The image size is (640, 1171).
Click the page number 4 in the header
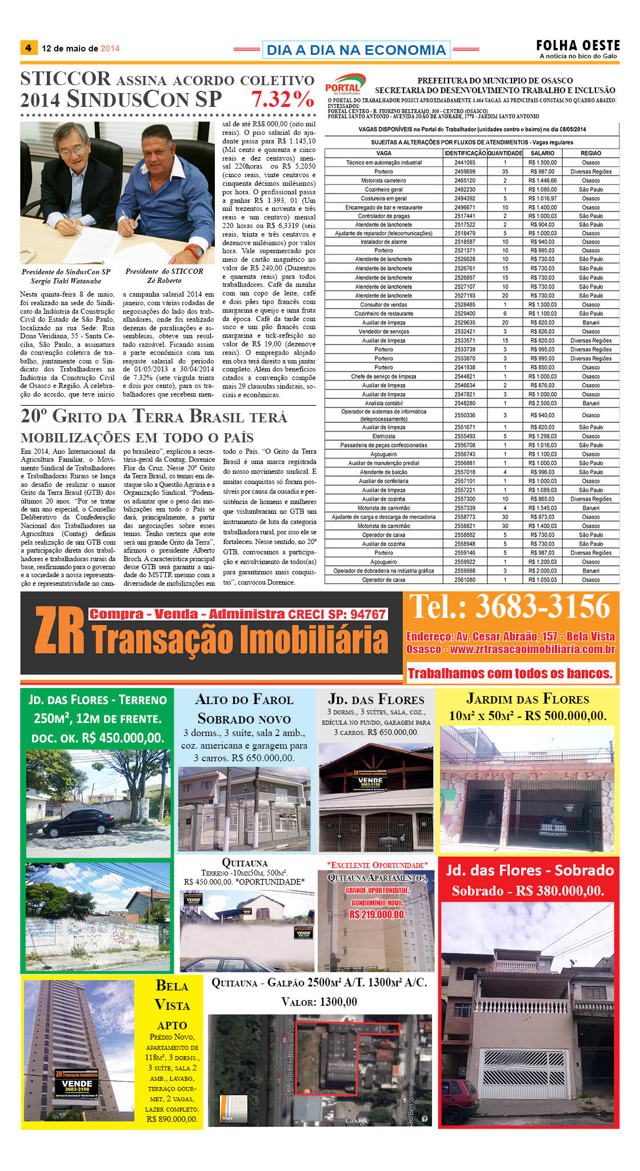click(x=28, y=48)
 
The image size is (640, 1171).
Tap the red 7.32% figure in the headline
click(x=282, y=99)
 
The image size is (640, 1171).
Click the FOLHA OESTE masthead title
click(x=578, y=45)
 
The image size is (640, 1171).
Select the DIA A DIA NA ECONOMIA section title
click(x=356, y=50)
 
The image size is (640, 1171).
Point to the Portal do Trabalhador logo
click(x=345, y=85)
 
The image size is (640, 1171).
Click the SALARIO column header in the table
click(x=542, y=153)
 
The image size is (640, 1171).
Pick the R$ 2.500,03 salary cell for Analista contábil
click(x=542, y=403)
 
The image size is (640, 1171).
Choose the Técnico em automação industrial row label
click(x=383, y=162)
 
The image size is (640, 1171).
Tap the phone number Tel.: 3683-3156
click(x=510, y=607)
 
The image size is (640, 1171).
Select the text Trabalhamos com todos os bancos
click(x=510, y=673)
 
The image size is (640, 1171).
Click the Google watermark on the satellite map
click(x=357, y=1121)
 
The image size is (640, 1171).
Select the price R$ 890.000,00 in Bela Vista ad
click(x=172, y=1118)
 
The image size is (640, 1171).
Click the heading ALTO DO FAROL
click(x=244, y=700)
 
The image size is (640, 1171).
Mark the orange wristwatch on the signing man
click(x=196, y=250)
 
